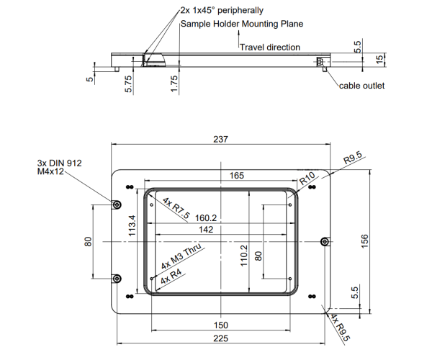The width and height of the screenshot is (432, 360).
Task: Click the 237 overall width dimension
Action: pos(221,139)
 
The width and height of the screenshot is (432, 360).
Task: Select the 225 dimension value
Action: pos(221,338)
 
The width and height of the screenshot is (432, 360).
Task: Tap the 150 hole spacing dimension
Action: pos(221,325)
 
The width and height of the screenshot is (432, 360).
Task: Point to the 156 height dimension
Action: pos(364,241)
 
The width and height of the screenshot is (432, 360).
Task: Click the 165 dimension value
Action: pos(237,176)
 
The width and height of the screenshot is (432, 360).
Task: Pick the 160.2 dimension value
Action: pos(206,218)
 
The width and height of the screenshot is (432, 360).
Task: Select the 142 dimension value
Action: pos(206,229)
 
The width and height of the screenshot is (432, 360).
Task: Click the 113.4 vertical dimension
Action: pos(132,225)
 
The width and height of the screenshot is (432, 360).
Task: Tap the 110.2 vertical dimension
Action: pos(244,256)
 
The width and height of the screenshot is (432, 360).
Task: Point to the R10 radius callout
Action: pos(307,179)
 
